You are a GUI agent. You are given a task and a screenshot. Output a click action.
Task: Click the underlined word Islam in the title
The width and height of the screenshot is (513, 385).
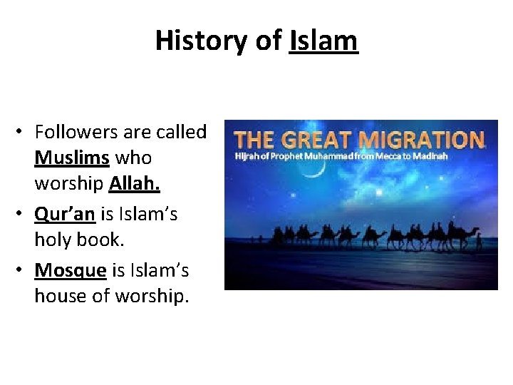point(323,41)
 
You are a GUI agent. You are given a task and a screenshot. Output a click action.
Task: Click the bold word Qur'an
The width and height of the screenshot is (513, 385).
point(65,214)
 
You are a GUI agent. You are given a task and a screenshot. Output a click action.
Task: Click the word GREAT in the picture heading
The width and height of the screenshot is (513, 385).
point(323,140)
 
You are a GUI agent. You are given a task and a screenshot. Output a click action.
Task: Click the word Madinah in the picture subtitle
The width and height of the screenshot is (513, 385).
point(430,156)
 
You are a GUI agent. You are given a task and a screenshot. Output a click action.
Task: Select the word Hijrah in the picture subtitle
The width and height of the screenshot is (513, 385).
point(247,156)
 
